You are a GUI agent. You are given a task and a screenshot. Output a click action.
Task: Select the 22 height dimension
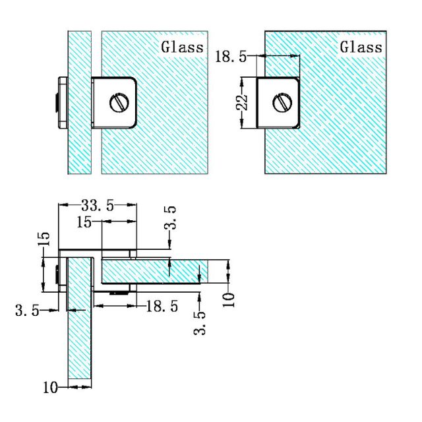[x=242, y=102]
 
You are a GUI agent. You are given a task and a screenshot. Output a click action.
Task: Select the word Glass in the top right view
[x=361, y=47]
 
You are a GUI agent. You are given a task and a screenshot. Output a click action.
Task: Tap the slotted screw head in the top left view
[x=119, y=102]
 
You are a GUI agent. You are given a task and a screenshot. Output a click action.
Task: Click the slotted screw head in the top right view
[x=282, y=102]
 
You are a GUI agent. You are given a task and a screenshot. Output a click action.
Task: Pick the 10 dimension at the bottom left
[x=51, y=388]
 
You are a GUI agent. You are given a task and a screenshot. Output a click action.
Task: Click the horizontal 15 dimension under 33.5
[x=84, y=222]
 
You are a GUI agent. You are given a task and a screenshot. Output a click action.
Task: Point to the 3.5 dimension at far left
[x=27, y=309]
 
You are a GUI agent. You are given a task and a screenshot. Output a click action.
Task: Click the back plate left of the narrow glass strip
[x=61, y=102]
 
